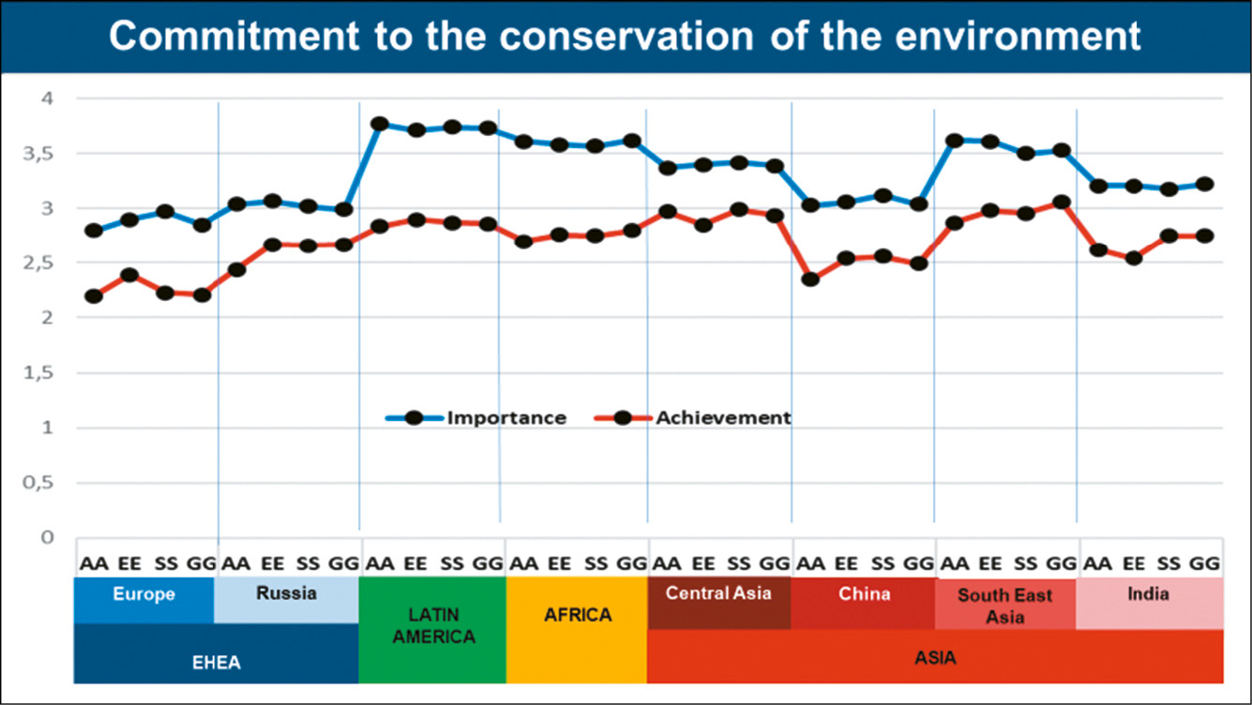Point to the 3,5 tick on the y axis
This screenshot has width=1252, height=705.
point(40,153)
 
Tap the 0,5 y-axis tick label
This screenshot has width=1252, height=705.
point(40,483)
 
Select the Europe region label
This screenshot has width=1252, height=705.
point(143,594)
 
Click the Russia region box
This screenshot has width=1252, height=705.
point(285,593)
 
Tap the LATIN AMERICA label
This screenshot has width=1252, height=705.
point(431,624)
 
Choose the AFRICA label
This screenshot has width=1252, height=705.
point(577,615)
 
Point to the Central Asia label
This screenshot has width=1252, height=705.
point(717,593)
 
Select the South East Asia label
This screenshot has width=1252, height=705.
point(1004,606)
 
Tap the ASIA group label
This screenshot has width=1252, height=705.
point(934,657)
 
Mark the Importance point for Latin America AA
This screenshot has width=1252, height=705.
point(380,124)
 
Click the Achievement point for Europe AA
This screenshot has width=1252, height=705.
point(93,296)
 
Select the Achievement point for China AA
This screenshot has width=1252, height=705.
point(810,279)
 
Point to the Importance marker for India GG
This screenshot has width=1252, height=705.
point(1204,185)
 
